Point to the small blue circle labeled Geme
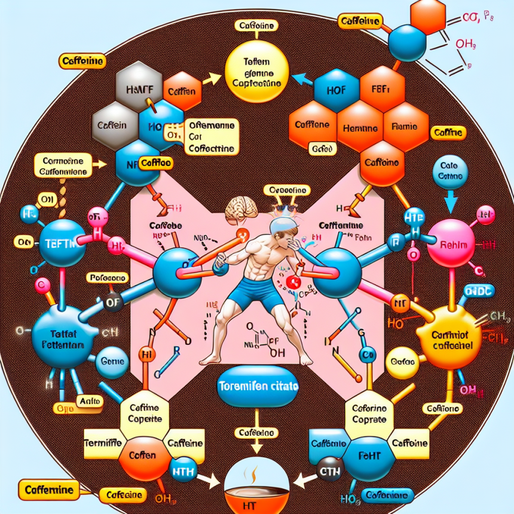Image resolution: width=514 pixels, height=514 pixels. (109, 361)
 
